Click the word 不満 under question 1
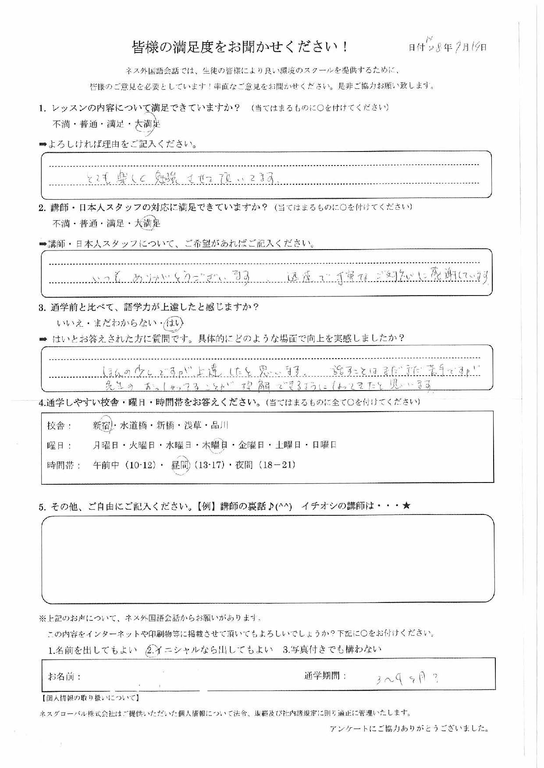[x=61, y=124]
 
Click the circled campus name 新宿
[x=102, y=425]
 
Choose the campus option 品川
[x=219, y=425]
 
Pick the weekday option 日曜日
[x=324, y=445]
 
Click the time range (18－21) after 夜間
[x=277, y=465]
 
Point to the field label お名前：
[x=64, y=676]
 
